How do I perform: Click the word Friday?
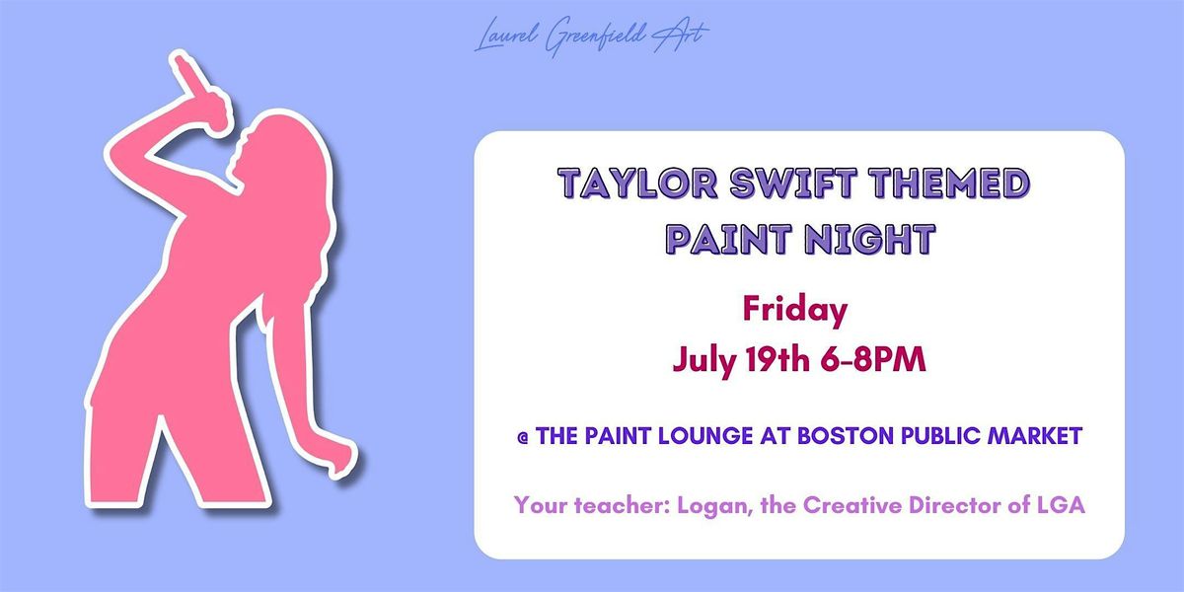click(794, 311)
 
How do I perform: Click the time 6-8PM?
click(879, 360)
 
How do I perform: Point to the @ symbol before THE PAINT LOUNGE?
click(524, 436)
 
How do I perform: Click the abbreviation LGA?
click(1033, 505)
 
